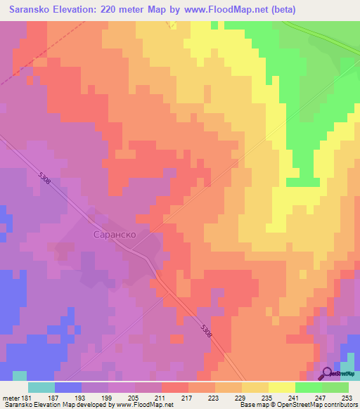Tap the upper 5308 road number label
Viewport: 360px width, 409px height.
point(44,181)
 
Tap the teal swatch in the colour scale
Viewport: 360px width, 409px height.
point(41,387)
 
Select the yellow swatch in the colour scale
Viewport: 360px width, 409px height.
point(282,387)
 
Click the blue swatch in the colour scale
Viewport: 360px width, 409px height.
point(68,387)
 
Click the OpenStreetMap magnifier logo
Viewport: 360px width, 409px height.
point(328,374)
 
